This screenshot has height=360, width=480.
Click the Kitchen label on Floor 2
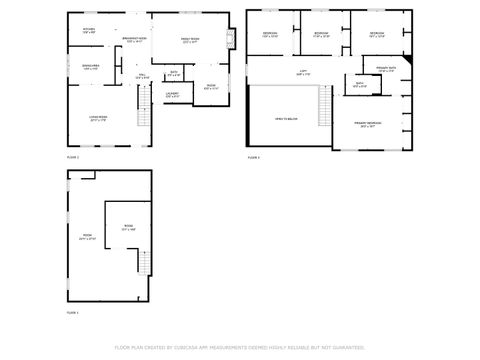(89, 31)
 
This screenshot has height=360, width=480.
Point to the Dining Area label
(90, 68)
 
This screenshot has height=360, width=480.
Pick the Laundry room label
(173, 94)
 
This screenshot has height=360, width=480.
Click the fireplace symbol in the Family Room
(231, 40)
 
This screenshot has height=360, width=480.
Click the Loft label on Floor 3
(302, 72)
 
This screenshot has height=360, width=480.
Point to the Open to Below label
(288, 119)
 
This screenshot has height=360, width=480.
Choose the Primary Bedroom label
(369, 123)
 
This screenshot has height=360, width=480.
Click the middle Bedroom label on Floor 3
(320, 35)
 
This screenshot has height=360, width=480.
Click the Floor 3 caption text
(254, 158)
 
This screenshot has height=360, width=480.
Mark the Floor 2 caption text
(73, 158)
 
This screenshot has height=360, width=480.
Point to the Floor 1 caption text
(73, 313)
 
